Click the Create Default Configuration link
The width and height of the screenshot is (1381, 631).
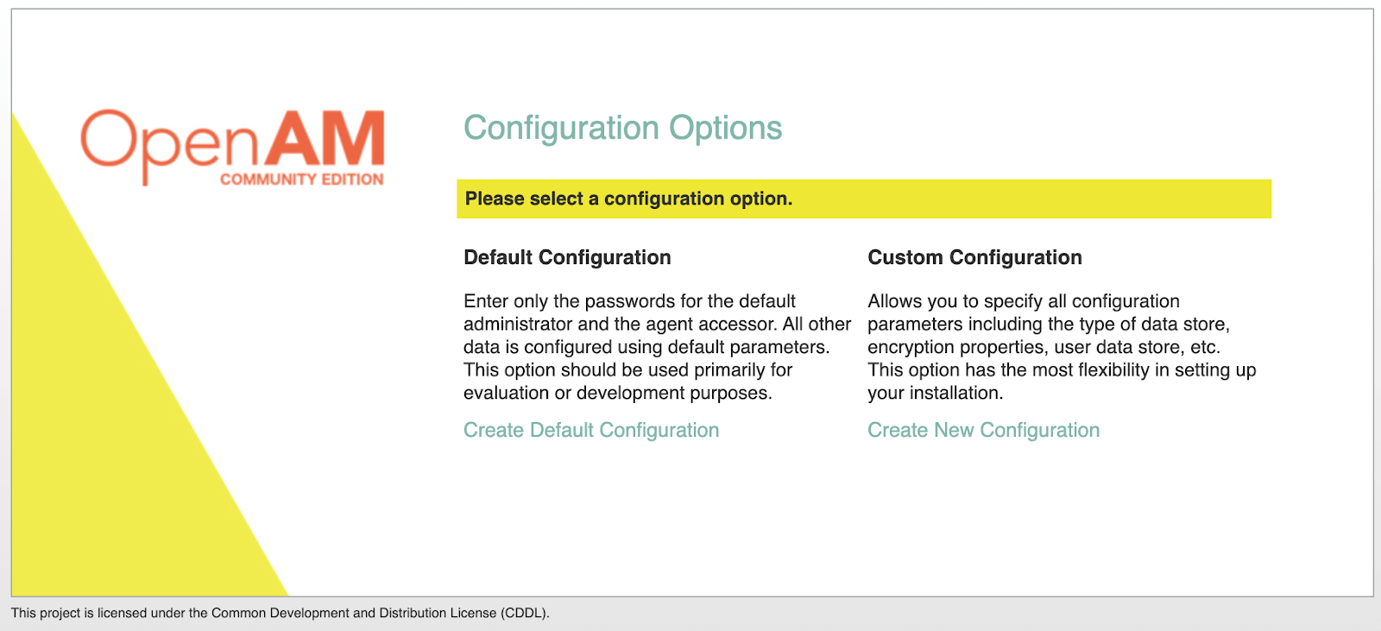(591, 430)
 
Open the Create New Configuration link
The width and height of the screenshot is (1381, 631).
(983, 430)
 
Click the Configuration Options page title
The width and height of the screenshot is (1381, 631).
(622, 128)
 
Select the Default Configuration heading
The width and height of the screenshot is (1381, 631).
(567, 257)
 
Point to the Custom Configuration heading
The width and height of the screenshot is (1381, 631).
(974, 257)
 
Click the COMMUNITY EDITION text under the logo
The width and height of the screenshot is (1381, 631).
(301, 180)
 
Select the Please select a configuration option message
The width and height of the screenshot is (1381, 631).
(628, 199)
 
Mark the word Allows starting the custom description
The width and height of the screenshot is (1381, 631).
(893, 301)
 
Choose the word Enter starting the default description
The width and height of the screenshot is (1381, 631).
(486, 301)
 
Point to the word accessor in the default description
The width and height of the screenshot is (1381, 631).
(740, 324)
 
